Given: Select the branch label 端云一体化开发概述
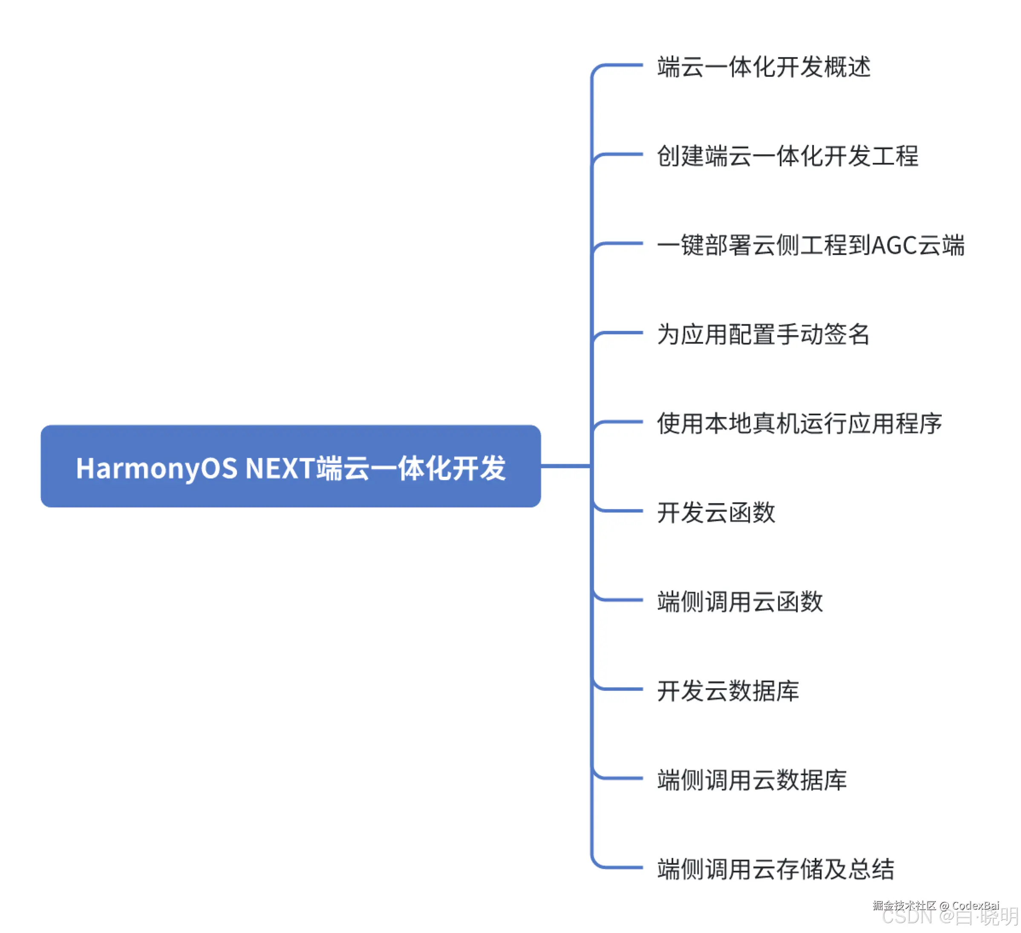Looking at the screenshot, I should [764, 67].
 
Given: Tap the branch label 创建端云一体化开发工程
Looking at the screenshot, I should [787, 156].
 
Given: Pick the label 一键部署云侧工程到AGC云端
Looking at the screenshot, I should [810, 245].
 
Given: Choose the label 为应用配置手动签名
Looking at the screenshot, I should [763, 334].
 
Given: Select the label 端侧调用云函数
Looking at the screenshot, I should [740, 602].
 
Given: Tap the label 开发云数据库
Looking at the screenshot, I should [728, 691].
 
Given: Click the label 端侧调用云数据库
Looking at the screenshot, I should [752, 780].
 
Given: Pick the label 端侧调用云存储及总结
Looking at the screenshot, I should [776, 869].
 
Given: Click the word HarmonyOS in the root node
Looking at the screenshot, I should [156, 468].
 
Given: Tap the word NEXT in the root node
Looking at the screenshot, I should [280, 468].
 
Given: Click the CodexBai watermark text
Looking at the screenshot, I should [975, 905].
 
